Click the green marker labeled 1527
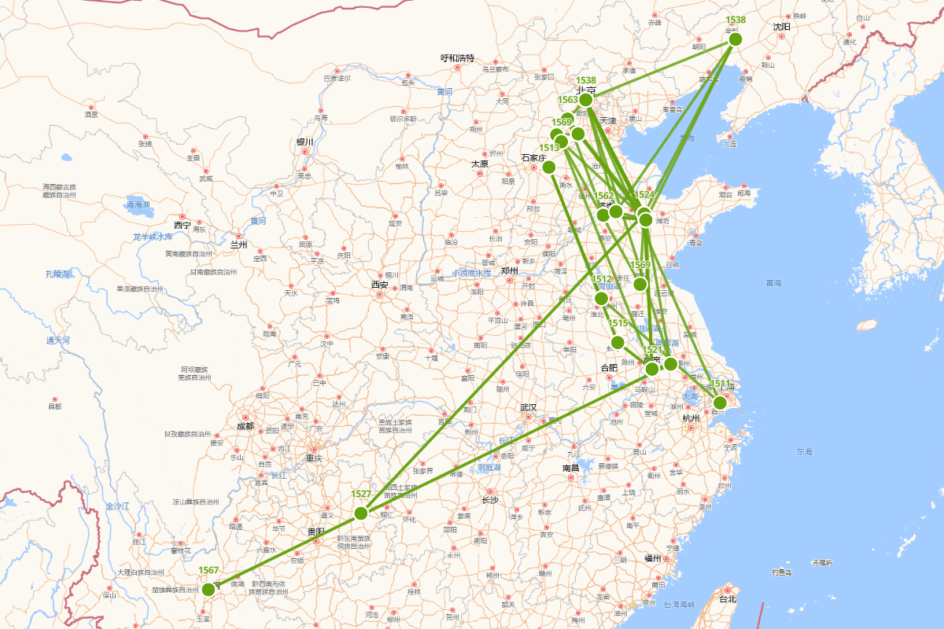pos(361,513)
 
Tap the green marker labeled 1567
pos(208,590)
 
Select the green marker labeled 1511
pos(720,403)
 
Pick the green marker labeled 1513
pos(549,167)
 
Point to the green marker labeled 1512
pos(601,299)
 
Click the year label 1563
pos(568,100)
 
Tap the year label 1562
pos(603,196)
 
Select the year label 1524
pos(644,194)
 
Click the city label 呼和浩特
pos(457,58)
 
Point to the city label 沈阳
pos(781,27)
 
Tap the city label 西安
pos(380,285)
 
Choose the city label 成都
pos(245,426)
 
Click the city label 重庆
pos(314,458)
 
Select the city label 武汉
pos(528,407)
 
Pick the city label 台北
pos(728,598)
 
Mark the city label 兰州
pos(238,245)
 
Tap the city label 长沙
pos(489,499)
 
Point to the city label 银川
pos(304,142)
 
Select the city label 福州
pos(652,558)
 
